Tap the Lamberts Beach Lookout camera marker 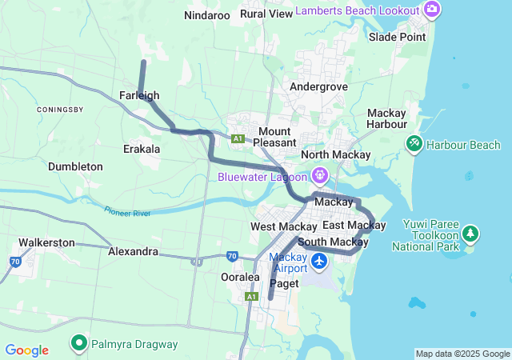pos(432,10)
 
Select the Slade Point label pos(398,37)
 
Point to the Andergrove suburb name pos(318,86)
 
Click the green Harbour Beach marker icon pos(414,145)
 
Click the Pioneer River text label pos(127,212)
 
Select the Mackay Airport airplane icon pos(319,261)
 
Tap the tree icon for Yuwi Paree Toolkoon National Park pos(472,234)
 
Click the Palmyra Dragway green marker pos(79,344)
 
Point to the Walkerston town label pos(46,242)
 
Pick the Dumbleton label pos(75,166)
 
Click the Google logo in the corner pos(26,350)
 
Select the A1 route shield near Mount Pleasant pos(238,138)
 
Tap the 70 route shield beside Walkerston pos(15,262)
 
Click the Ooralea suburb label pos(240,277)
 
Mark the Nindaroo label pos(207,15)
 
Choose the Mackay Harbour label pos(386,118)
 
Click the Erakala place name pos(142,149)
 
